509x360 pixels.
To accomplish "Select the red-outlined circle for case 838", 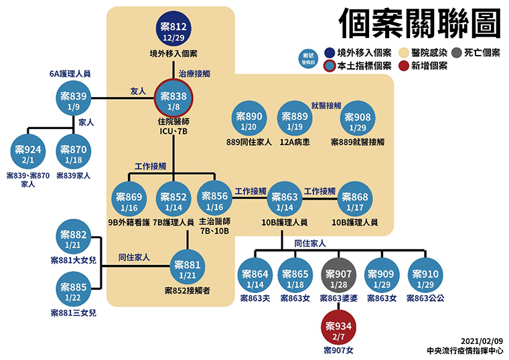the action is click(x=173, y=98).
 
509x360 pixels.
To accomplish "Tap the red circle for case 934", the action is click(x=338, y=328).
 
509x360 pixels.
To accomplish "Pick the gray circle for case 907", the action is click(x=338, y=275).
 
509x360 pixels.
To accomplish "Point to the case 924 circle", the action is click(x=28, y=151).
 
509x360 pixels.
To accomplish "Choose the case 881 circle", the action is click(x=188, y=266).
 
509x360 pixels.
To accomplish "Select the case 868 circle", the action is click(x=355, y=199).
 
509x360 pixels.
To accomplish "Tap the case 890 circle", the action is click(x=248, y=118).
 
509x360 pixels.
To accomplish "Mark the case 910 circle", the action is click(x=425, y=275).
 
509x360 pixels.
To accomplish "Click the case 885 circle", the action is click(x=74, y=289).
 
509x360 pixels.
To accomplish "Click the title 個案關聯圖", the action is click(x=420, y=23).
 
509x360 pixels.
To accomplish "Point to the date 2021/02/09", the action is click(x=482, y=341).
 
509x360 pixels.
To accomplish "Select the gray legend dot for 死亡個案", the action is click(x=456, y=53).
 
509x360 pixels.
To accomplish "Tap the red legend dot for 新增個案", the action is click(x=403, y=66).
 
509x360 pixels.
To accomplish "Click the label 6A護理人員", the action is click(x=70, y=74).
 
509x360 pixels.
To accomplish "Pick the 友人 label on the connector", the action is click(x=138, y=91).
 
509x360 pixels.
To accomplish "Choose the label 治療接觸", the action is click(x=194, y=74).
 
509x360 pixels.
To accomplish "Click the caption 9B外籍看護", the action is click(x=129, y=222).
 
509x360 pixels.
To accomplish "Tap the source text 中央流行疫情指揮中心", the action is click(x=465, y=351).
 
